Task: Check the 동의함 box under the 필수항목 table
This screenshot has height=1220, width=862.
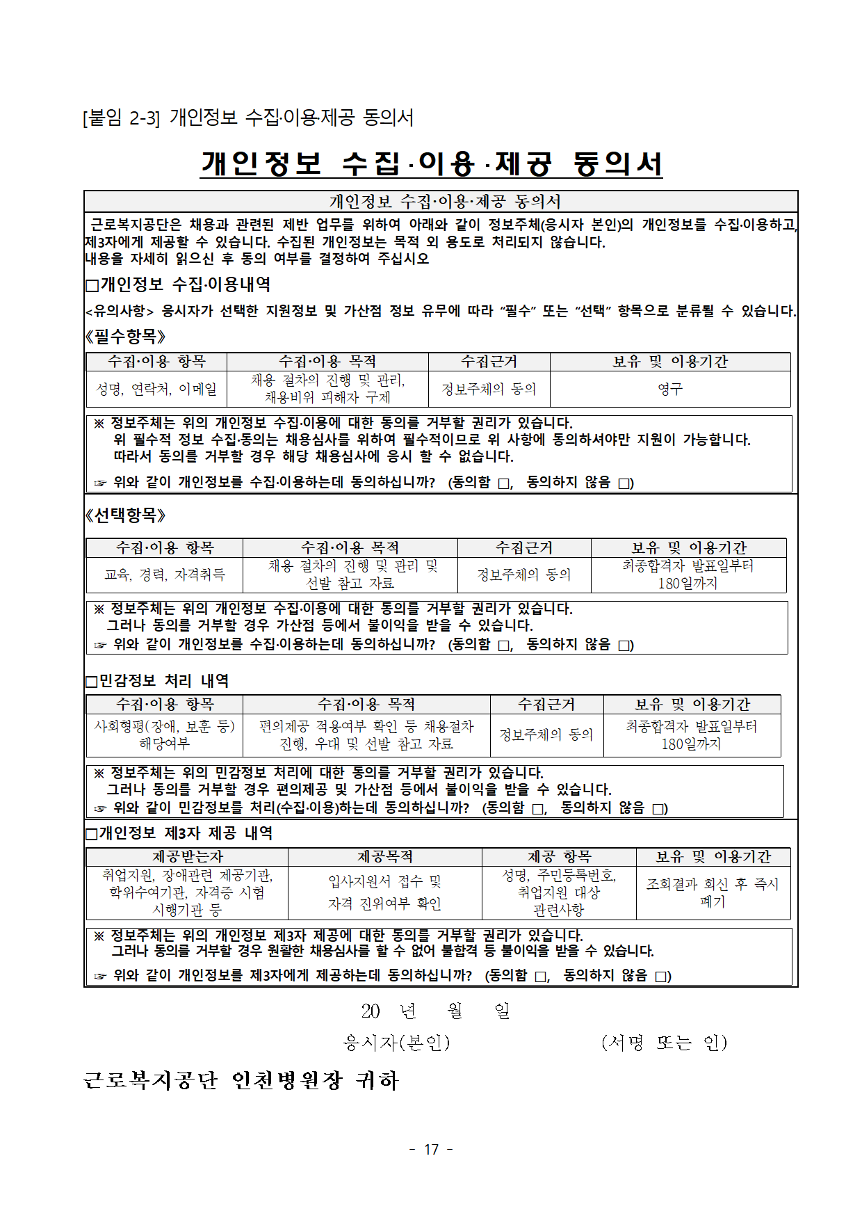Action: click(505, 483)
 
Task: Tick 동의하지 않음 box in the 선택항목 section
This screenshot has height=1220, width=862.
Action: click(625, 645)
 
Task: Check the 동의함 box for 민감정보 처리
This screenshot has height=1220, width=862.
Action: click(538, 809)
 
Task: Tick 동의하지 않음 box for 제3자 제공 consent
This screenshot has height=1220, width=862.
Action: click(661, 977)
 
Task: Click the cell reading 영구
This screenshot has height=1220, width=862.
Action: click(670, 389)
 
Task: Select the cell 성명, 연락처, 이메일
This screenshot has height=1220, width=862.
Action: click(156, 389)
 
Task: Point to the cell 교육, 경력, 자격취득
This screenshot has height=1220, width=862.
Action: click(165, 575)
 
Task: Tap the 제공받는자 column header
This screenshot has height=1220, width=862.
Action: click(187, 856)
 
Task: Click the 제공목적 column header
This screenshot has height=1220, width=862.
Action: click(384, 856)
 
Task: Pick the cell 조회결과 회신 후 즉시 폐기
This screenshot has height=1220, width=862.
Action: click(713, 892)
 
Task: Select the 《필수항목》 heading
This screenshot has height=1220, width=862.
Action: click(125, 337)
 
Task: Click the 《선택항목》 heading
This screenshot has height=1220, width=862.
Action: click(125, 515)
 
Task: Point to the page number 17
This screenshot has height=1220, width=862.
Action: click(431, 1149)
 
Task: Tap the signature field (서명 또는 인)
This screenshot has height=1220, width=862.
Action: click(664, 1042)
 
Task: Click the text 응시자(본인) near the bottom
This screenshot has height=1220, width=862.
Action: click(397, 1042)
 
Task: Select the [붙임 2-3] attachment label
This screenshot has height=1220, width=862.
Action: click(122, 118)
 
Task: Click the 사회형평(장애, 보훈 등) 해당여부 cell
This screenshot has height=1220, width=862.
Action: click(165, 735)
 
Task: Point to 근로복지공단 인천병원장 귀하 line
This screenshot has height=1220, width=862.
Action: click(241, 1080)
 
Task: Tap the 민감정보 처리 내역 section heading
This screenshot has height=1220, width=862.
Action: click(158, 680)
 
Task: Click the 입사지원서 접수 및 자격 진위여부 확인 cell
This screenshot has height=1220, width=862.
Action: click(384, 892)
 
